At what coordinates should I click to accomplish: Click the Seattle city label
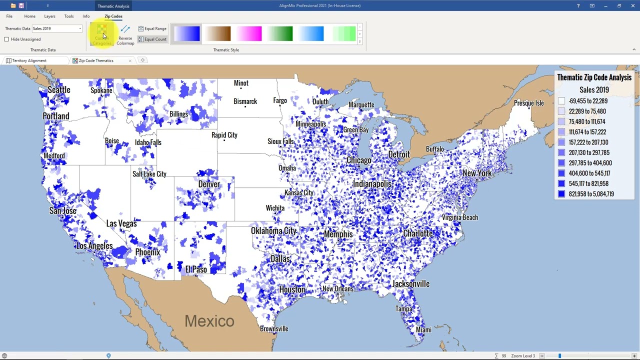[x=59, y=90]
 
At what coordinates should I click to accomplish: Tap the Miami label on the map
[x=423, y=330]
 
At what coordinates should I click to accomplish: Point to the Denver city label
[x=209, y=184]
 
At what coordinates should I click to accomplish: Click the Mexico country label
[x=209, y=321]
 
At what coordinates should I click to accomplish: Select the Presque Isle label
[x=529, y=103]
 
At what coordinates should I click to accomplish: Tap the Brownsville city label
[x=274, y=329]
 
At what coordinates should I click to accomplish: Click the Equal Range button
[x=152, y=28]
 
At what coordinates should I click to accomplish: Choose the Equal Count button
[x=152, y=39]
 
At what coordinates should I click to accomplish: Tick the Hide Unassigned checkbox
[x=7, y=39]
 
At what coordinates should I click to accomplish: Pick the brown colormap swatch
[x=218, y=34]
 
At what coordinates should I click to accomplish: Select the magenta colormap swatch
[x=249, y=34]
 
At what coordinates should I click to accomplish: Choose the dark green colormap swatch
[x=280, y=34]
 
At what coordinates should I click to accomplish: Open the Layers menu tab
[x=49, y=16]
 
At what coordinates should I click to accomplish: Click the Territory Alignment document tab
[x=29, y=60]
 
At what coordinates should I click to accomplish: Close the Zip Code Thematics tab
[x=130, y=60]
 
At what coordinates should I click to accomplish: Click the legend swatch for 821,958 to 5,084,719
[x=561, y=194]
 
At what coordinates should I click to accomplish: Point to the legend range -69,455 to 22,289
[x=588, y=101]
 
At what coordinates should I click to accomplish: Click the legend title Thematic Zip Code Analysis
[x=594, y=77]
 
